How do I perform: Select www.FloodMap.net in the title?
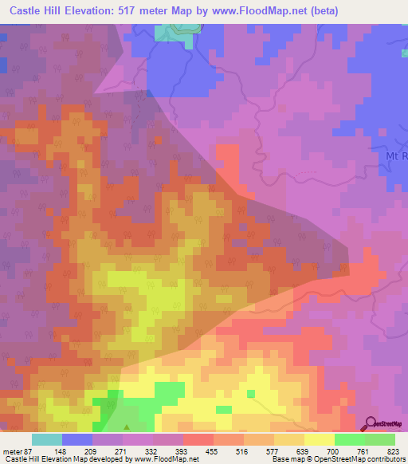pyautogui.click(x=257, y=11)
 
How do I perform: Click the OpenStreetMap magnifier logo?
pyautogui.click(x=371, y=423)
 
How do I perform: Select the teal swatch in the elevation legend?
pyautogui.click(x=47, y=440)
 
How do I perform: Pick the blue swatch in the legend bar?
pyautogui.click(x=77, y=440)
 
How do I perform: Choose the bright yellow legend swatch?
pyautogui.click(x=320, y=440)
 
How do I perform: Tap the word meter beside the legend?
pyautogui.click(x=13, y=450)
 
